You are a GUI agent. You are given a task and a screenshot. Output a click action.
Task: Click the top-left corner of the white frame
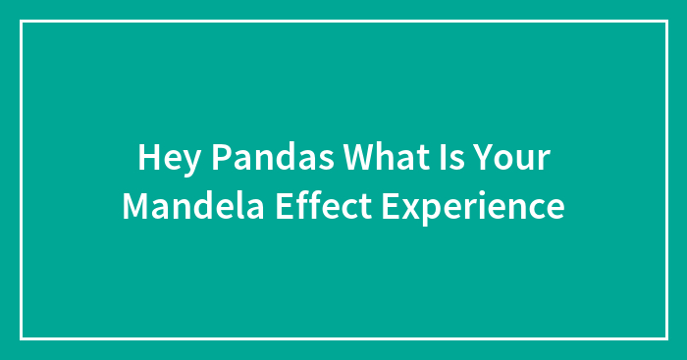coord(21,21)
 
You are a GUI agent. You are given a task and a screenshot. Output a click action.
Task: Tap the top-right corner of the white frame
coord(666,21)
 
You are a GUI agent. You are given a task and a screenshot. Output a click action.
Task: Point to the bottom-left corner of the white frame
coord(21,338)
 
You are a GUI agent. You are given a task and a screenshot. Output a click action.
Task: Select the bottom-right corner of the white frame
coord(666,338)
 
